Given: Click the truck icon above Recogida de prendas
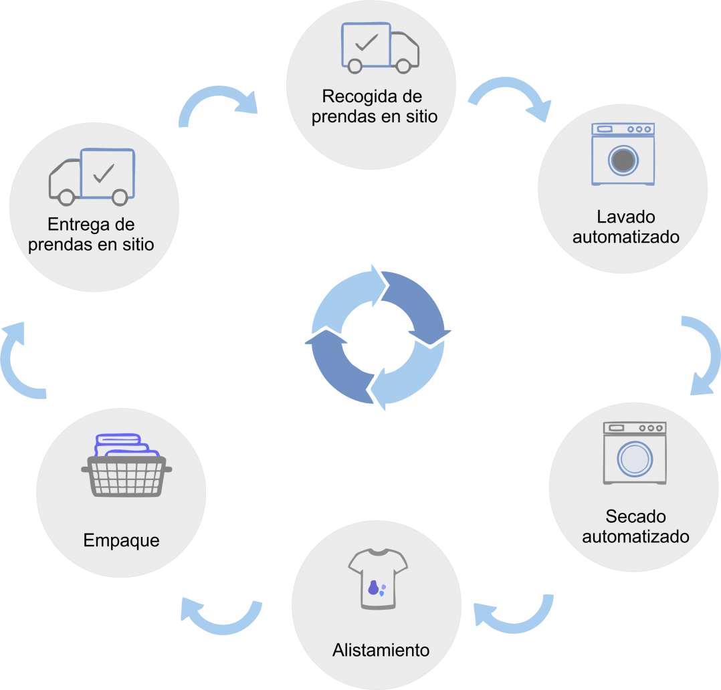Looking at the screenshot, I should click(380, 47).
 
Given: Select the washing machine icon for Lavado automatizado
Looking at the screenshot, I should click(623, 154).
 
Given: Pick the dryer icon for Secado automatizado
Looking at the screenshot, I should click(635, 453).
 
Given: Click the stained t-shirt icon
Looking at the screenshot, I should click(377, 579).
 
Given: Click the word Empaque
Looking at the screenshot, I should click(122, 540).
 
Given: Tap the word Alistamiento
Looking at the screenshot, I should click(381, 649).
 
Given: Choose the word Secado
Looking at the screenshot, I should click(636, 516).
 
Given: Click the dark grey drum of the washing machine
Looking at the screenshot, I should click(623, 160).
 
